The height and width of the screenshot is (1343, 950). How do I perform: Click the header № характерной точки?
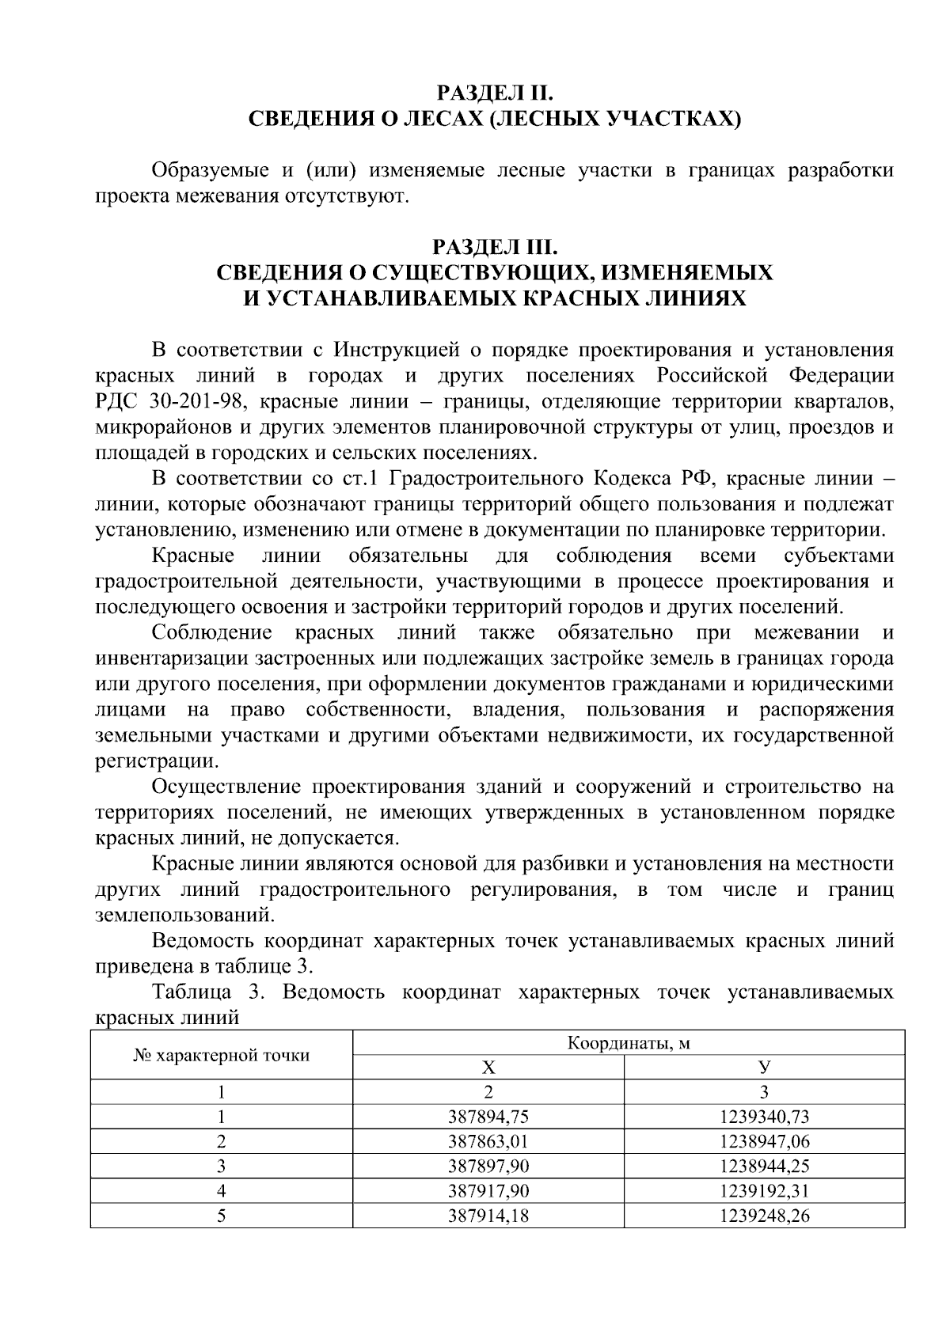point(221,1055)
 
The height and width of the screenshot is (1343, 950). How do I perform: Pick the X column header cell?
point(488,1068)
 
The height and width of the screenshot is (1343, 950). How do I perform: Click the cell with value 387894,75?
point(488,1117)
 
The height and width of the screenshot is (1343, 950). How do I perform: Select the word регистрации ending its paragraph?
point(154,761)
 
